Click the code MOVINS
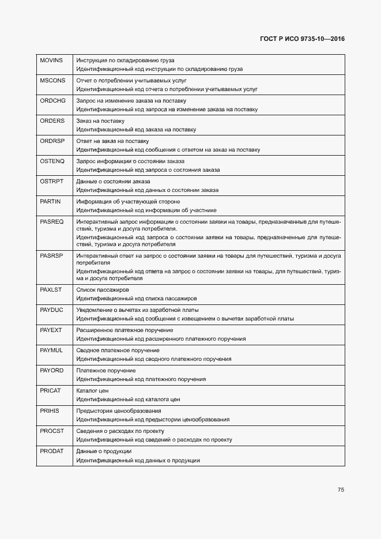point(51,61)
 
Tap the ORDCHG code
point(53,101)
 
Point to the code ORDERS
point(52,121)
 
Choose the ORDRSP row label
point(52,141)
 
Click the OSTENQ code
point(52,161)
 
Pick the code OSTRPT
point(52,182)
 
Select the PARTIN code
point(51,202)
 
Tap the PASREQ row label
point(52,222)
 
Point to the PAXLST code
point(51,289)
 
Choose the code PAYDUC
point(51,310)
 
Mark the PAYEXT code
point(51,330)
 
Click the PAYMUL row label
point(51,350)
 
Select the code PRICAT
point(51,391)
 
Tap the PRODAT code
point(52,451)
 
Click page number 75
point(341,490)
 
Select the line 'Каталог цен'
point(92,391)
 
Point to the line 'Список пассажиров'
point(103,289)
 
